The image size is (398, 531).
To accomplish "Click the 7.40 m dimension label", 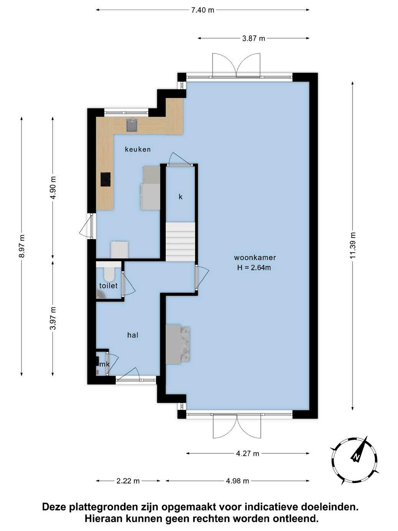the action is (202, 10).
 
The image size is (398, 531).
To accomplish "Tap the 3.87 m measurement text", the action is (253, 38).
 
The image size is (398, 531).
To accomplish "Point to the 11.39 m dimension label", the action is (353, 245).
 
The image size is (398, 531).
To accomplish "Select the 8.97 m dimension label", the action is (22, 246).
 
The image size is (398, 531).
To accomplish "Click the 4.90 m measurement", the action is (53, 188).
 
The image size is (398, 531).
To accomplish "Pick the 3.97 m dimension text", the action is (53, 318).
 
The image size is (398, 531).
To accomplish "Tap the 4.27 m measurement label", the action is (247, 453).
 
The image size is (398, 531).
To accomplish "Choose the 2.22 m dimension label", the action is (128, 481).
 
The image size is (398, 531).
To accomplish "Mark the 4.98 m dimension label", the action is (237, 481).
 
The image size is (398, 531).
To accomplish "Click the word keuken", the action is (138, 150).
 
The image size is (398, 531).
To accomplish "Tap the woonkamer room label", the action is (255, 258).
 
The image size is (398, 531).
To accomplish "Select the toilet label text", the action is (108, 286).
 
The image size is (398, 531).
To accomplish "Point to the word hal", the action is (133, 335).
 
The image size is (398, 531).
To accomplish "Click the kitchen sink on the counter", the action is (132, 125).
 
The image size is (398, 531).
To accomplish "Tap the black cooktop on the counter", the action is (105, 179).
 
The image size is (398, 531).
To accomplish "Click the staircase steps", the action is (180, 242).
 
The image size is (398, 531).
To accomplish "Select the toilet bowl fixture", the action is (110, 274).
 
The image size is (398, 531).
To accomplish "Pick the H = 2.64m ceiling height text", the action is (254, 268).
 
